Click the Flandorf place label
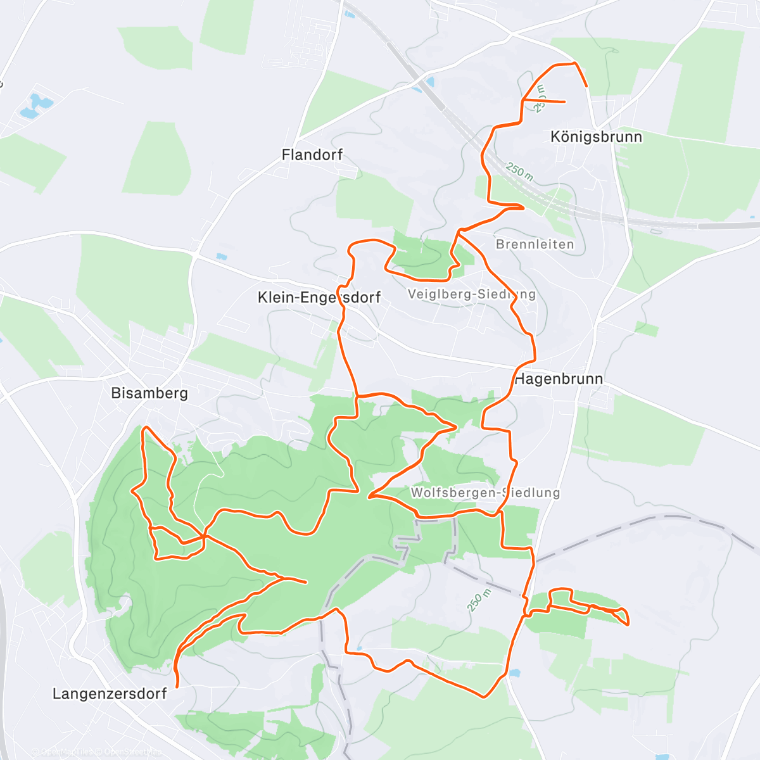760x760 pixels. (x=312, y=155)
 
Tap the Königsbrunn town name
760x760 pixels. (x=596, y=137)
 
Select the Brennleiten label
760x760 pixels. (x=535, y=244)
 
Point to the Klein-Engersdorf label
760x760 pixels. (x=319, y=297)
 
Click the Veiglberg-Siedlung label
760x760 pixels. (x=472, y=294)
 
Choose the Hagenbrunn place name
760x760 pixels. (x=559, y=379)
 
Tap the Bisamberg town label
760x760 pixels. (x=149, y=393)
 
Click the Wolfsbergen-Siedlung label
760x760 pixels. (x=485, y=492)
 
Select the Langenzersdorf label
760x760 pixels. (x=110, y=693)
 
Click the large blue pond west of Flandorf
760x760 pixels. (x=35, y=106)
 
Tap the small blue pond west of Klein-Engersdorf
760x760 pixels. (x=220, y=257)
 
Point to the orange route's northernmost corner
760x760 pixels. (x=574, y=63)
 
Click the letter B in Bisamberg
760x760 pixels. (x=115, y=393)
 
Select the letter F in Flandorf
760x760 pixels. (x=286, y=155)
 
